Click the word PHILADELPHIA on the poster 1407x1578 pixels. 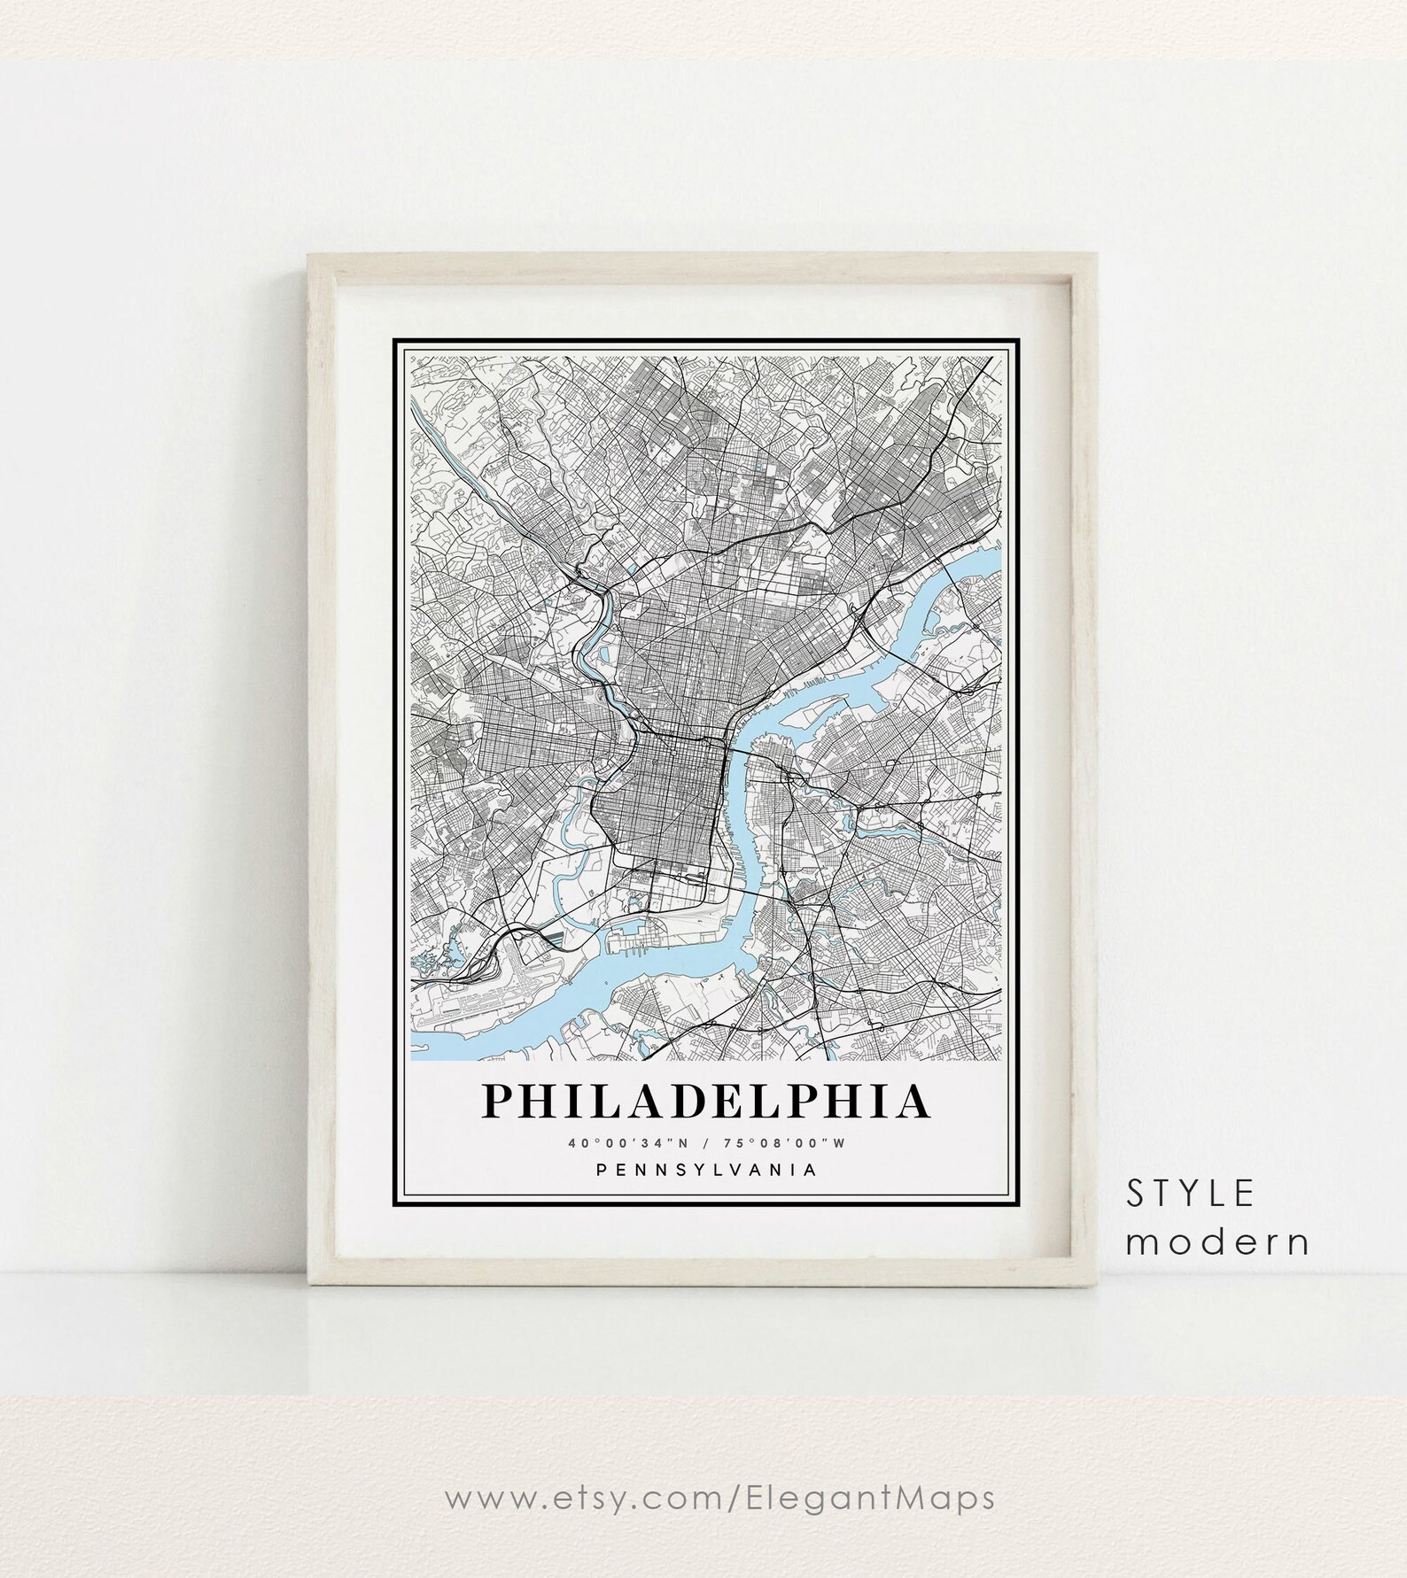pos(705,1102)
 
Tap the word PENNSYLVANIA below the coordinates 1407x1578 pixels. pos(706,1170)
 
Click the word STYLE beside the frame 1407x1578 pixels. pos(1191,1195)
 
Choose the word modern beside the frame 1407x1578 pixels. pos(1218,1242)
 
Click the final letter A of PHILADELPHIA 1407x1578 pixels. pos(913,1102)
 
